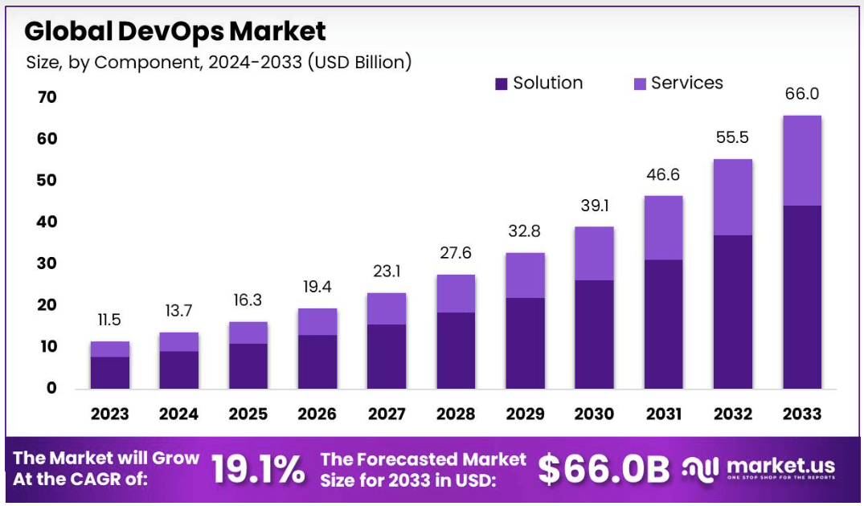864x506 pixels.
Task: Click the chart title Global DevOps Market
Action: (175, 31)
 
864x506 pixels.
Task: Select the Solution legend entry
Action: (538, 83)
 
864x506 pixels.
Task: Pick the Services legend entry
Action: (678, 83)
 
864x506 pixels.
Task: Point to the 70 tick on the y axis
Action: (47, 97)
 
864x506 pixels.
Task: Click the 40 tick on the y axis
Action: (47, 222)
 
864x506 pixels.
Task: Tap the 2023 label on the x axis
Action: (110, 414)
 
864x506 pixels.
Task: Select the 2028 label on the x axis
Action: (456, 414)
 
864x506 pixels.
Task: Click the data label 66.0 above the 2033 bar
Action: (801, 94)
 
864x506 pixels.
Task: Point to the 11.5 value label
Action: (110, 320)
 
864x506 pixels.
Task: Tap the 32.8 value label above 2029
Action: (525, 231)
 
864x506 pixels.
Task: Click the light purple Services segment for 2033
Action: (801, 161)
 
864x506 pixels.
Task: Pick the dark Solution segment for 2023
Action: (110, 373)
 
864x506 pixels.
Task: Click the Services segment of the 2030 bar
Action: (594, 253)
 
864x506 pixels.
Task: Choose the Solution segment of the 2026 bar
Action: (317, 361)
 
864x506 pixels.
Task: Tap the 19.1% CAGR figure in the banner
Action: (258, 470)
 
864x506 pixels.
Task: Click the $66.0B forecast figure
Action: (603, 470)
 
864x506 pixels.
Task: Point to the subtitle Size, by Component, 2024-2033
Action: (219, 62)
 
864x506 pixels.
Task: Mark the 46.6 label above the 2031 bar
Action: (663, 174)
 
